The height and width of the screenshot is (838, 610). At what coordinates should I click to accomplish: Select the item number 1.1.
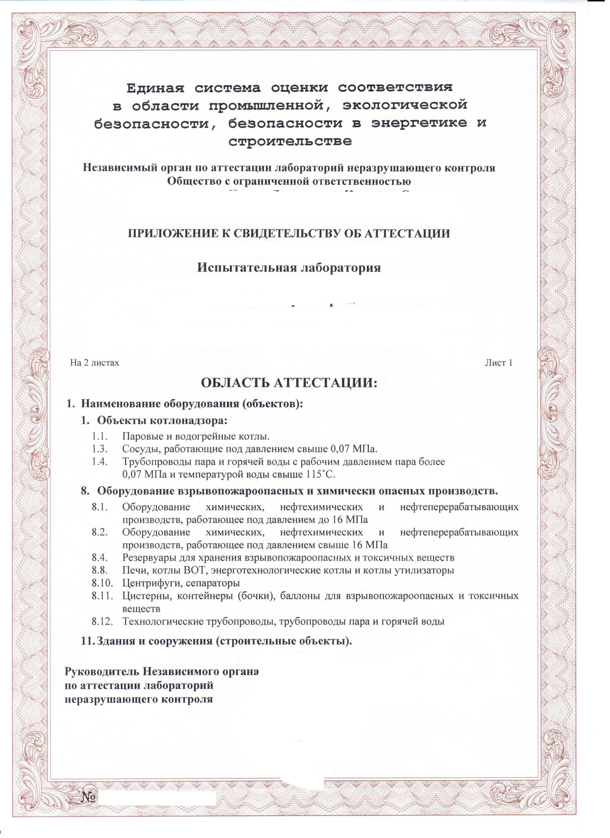[100, 436]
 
